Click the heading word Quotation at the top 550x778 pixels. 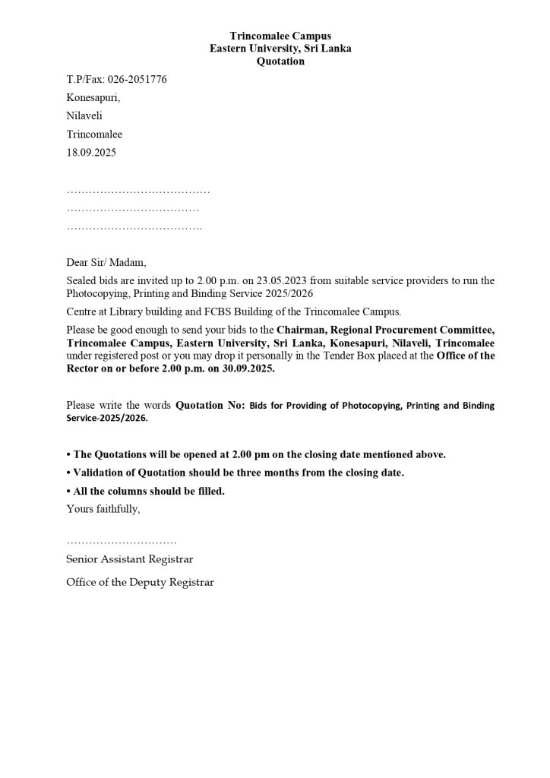[x=280, y=61]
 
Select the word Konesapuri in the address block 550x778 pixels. [x=93, y=97]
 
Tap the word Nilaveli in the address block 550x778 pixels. [x=84, y=115]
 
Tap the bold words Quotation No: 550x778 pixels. [x=207, y=406]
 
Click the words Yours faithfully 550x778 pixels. [x=103, y=508]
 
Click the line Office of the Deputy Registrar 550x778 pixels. [x=140, y=582]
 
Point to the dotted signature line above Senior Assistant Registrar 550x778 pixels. [x=122, y=542]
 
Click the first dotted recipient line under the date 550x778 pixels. [x=138, y=190]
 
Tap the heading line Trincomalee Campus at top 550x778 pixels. [x=280, y=36]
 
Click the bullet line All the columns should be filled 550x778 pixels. [x=148, y=491]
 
